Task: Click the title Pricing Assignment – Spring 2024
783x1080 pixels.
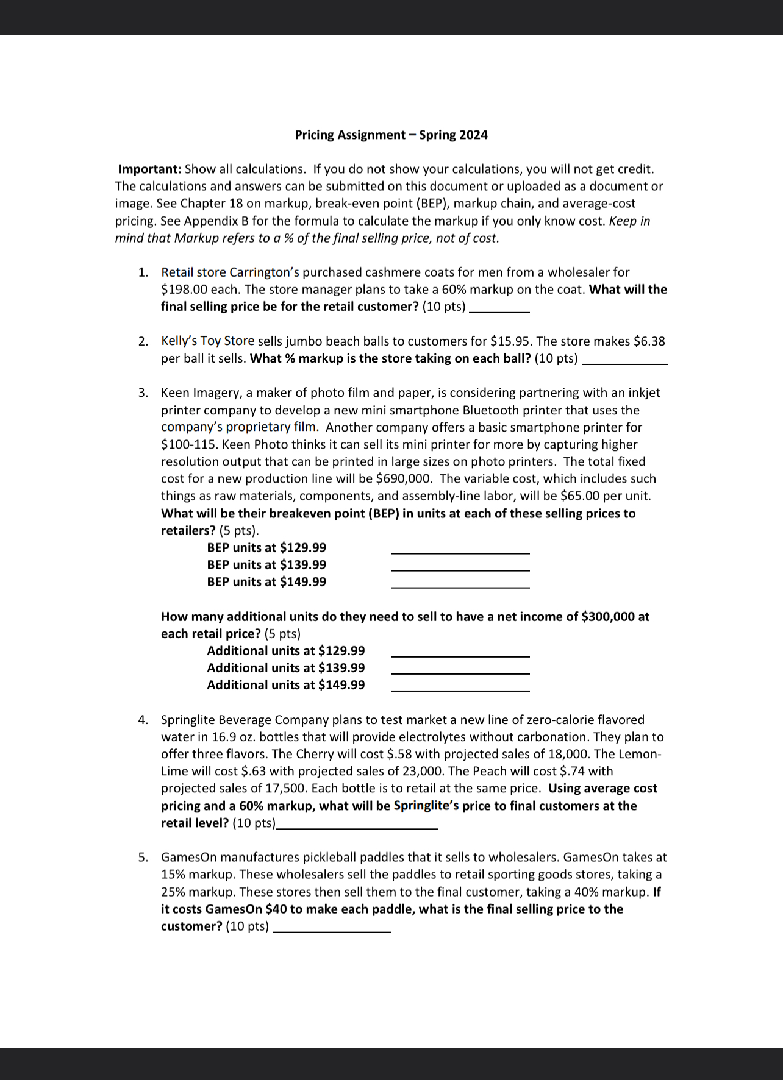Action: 391,135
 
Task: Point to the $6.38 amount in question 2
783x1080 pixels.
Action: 649,341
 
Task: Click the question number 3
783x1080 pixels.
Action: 143,393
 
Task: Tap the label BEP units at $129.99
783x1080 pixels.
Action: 266,548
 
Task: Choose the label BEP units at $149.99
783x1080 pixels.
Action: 266,582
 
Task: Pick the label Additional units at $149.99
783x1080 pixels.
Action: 285,685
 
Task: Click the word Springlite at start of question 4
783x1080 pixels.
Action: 188,720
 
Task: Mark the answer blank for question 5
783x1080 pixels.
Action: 332,930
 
